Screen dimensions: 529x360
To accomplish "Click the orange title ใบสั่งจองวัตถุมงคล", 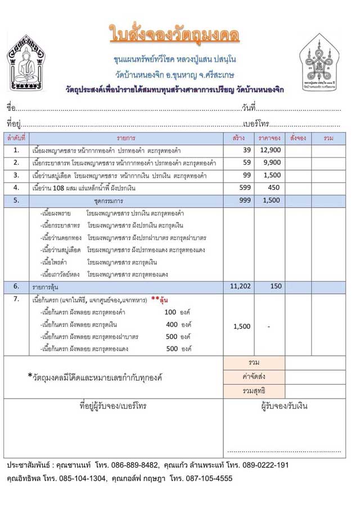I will pos(174,34).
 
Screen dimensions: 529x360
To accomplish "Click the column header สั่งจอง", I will pos(298,137).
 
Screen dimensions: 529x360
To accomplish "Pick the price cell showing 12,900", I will pos(270,150).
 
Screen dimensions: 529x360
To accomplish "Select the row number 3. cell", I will pos(16,175).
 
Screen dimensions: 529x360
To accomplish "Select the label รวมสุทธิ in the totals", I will pos(253,390).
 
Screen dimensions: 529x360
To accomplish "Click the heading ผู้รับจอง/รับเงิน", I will pos(284,406).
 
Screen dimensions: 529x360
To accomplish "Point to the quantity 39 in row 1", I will pos(246,150).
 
